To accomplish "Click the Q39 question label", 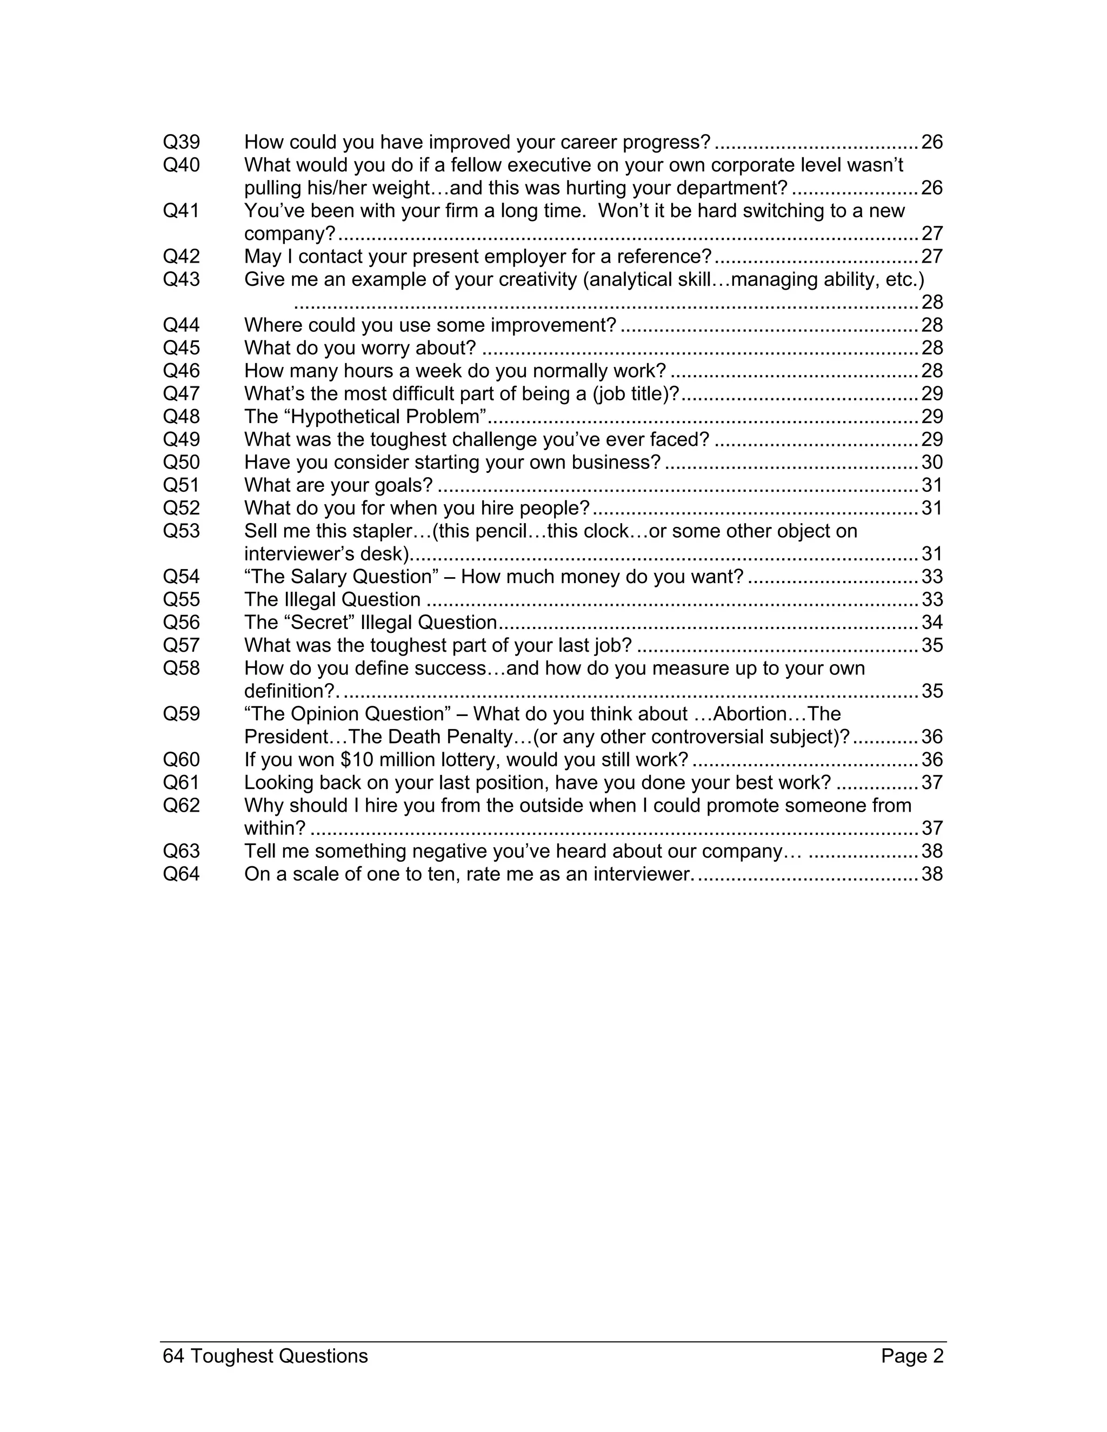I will click(x=181, y=142).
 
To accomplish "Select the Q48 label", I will click(x=181, y=417).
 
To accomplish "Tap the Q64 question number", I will click(x=181, y=874).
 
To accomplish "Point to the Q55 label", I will click(x=181, y=600).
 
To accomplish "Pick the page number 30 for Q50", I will click(x=932, y=463).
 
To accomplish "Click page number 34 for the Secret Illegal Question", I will click(x=932, y=623).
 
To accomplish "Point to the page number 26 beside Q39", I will click(x=932, y=142).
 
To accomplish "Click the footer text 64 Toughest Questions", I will click(x=265, y=1356).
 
